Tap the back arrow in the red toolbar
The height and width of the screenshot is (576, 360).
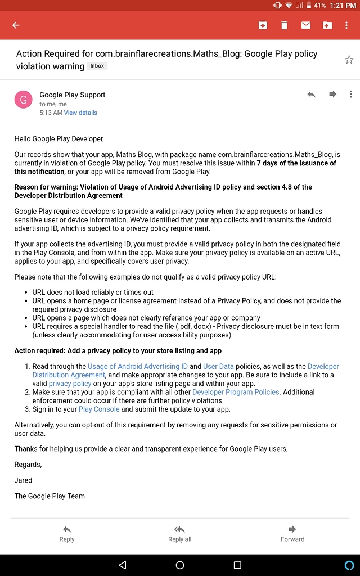16,25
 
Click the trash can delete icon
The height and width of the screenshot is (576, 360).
284,25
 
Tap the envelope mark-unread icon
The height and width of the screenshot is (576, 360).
305,25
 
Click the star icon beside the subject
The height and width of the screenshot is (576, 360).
349,60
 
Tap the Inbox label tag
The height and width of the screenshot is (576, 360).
97,66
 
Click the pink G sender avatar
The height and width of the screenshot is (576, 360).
24,100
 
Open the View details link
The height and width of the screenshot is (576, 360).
80,112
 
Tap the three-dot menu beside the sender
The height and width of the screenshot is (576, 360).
350,94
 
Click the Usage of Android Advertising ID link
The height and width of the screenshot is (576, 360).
138,366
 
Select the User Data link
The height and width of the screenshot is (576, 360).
218,366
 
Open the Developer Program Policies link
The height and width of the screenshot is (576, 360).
236,392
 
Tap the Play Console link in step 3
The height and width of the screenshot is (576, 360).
99,409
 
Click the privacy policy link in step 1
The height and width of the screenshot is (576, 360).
70,384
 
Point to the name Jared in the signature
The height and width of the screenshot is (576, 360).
23,480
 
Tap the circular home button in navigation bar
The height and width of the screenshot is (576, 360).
180,565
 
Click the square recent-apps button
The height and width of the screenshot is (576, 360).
237,565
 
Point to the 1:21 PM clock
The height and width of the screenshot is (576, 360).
343,6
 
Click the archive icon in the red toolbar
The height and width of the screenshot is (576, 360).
262,25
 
